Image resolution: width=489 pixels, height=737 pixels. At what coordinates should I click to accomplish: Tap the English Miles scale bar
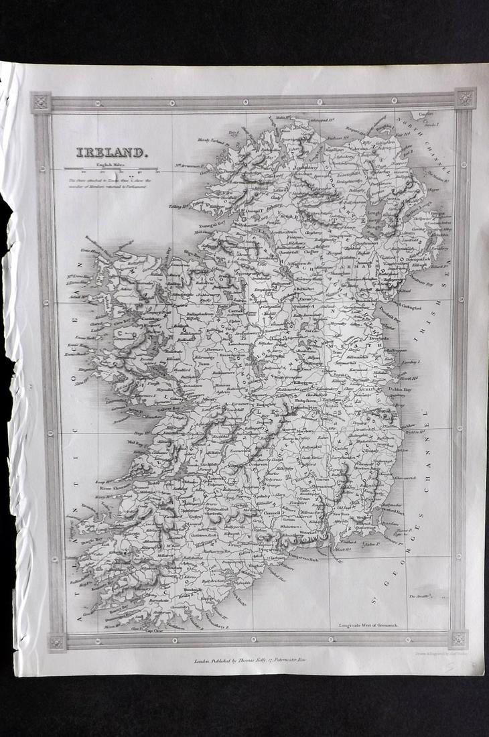(x=111, y=169)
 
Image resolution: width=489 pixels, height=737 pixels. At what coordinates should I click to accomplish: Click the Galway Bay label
(x=149, y=407)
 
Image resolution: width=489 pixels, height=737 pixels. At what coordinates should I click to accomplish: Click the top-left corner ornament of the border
(x=41, y=103)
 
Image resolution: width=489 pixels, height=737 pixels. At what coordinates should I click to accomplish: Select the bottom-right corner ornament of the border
(x=459, y=639)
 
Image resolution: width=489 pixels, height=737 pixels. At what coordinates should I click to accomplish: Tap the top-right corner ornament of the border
(x=464, y=98)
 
